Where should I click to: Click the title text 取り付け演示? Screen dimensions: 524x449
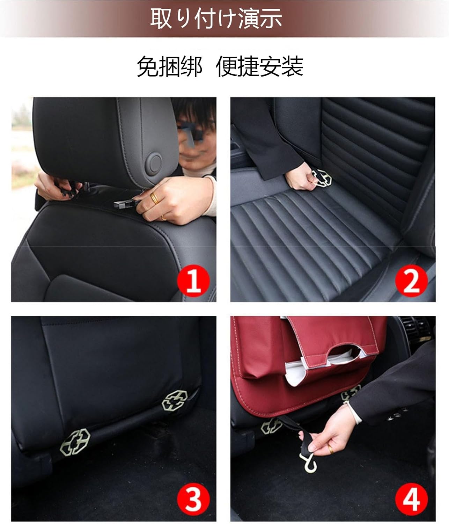pos(216,19)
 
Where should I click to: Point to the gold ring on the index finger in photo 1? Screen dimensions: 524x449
pos(154,198)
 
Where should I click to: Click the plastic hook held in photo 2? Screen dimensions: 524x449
pos(323,177)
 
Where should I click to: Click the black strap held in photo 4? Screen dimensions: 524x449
pos(293,426)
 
